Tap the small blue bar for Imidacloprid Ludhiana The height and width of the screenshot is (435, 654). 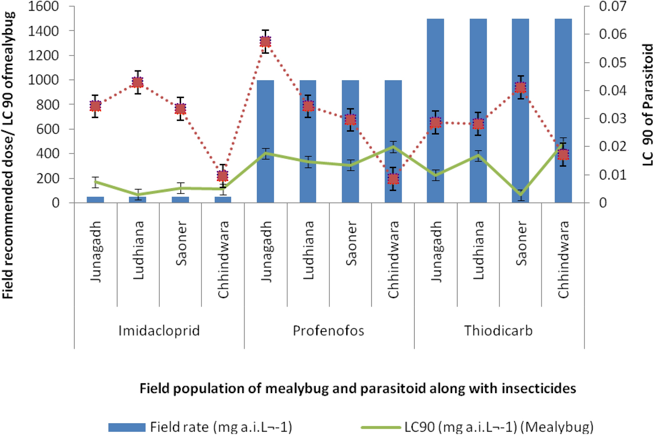(138, 200)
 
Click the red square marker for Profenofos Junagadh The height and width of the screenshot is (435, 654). (265, 42)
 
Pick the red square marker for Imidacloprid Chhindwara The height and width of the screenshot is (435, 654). (223, 176)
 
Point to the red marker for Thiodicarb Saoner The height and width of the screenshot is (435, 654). (520, 88)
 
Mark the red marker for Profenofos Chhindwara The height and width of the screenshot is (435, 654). (393, 179)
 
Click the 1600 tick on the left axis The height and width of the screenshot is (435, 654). (44, 7)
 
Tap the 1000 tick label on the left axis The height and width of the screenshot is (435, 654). (44, 80)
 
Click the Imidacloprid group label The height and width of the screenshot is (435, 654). (159, 331)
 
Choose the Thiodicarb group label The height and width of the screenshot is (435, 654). (498, 331)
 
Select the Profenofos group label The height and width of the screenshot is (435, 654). (329, 331)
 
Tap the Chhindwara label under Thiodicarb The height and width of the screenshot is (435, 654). (563, 259)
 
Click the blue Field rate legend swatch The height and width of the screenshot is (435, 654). (127, 427)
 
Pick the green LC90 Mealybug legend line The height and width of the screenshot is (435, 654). (380, 427)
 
